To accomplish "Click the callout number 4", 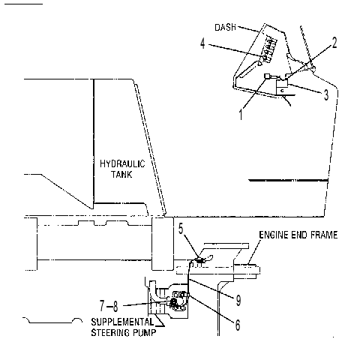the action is tap(202, 43).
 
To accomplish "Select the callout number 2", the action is tap(334, 43).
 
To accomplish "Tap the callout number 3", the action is tap(326, 94).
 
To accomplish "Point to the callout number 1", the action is tap(241, 115).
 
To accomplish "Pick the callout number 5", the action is tap(181, 229).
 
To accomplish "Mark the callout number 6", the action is tap(238, 325).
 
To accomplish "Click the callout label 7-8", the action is tap(109, 305).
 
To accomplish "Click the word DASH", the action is tap(226, 27).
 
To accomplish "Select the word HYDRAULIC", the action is tap(122, 163).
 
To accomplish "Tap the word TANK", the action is tap(121, 174).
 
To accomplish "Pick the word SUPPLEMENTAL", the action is tap(122, 322).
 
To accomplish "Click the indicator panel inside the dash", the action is tap(269, 50).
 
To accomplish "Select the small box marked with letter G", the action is tap(281, 91).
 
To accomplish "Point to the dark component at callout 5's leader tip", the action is tap(199, 260).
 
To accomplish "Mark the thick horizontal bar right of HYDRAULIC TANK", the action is tap(288, 180).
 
